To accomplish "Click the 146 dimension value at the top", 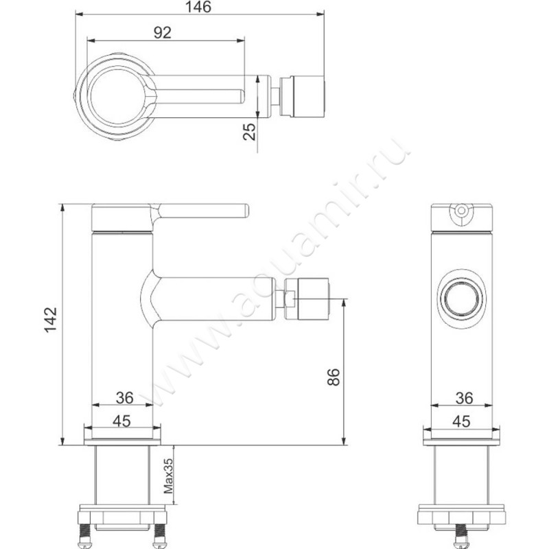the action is coord(199,7).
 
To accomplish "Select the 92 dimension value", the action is coord(163,33).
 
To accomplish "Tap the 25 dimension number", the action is coord(249,132).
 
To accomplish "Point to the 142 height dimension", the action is coord(50,320).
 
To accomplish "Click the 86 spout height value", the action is coord(334,377).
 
